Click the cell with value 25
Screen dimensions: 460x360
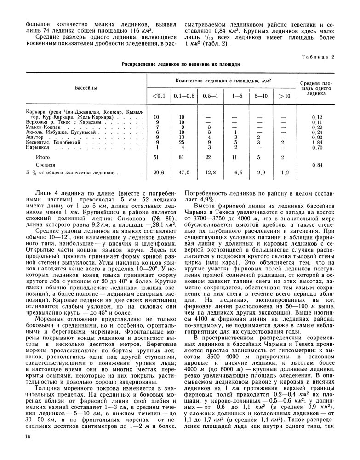[182, 142]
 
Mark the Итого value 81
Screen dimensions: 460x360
[182, 157]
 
